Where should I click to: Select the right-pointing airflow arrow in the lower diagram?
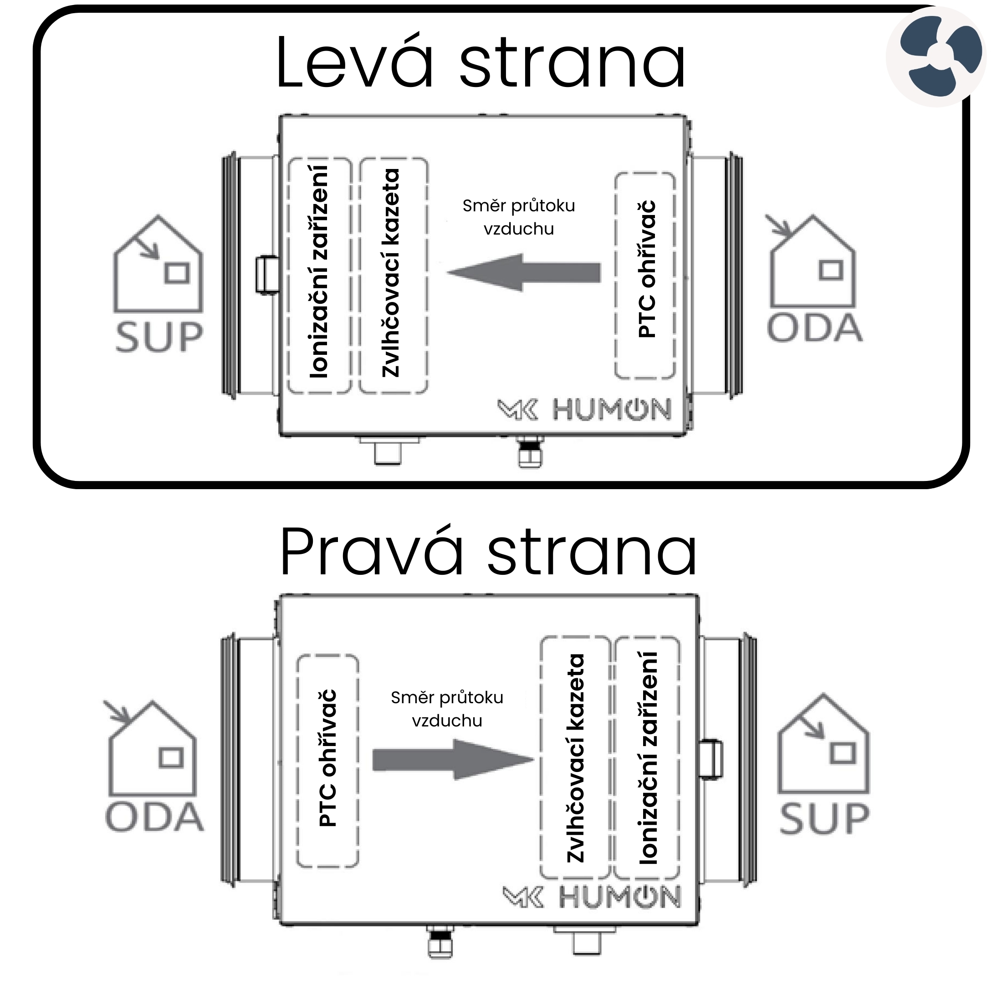click(x=453, y=760)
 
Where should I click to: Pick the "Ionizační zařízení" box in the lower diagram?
click(x=647, y=758)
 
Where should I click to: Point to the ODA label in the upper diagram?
click(x=814, y=328)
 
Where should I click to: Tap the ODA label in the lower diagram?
click(x=154, y=818)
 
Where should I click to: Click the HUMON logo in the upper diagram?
click(x=585, y=410)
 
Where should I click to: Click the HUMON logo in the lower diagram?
click(x=592, y=897)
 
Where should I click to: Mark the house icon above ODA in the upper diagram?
click(x=812, y=262)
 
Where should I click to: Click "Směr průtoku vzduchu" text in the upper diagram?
click(x=519, y=217)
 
